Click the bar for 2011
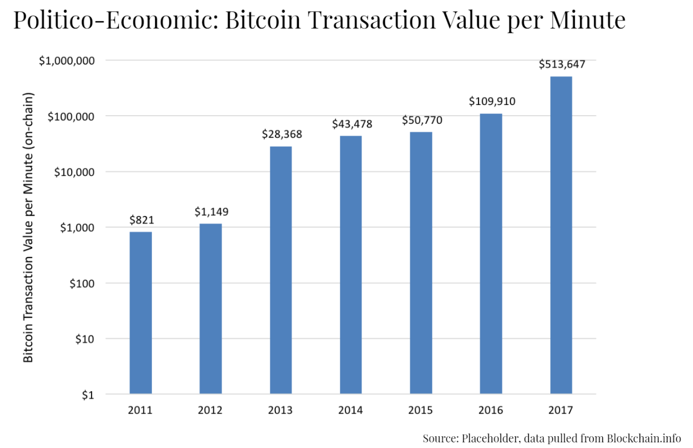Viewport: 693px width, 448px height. click(x=141, y=313)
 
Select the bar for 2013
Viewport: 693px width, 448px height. click(x=281, y=270)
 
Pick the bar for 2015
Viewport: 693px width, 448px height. click(x=421, y=263)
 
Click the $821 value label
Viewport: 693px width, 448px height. click(x=142, y=220)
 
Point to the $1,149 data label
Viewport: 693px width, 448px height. click(x=211, y=211)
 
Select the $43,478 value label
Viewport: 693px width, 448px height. click(x=352, y=124)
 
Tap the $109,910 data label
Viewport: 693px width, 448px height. click(x=492, y=101)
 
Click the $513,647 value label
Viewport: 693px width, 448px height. click(x=562, y=65)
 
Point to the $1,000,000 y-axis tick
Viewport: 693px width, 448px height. click(x=67, y=60)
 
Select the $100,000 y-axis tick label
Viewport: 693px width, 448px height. click(x=71, y=116)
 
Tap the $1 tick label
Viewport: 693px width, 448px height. click(x=89, y=395)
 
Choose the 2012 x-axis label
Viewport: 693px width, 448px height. click(x=211, y=410)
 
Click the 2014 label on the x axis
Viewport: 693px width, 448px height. click(x=351, y=410)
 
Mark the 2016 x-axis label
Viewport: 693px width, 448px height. click(x=491, y=410)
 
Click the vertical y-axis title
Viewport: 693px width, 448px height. click(x=29, y=228)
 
